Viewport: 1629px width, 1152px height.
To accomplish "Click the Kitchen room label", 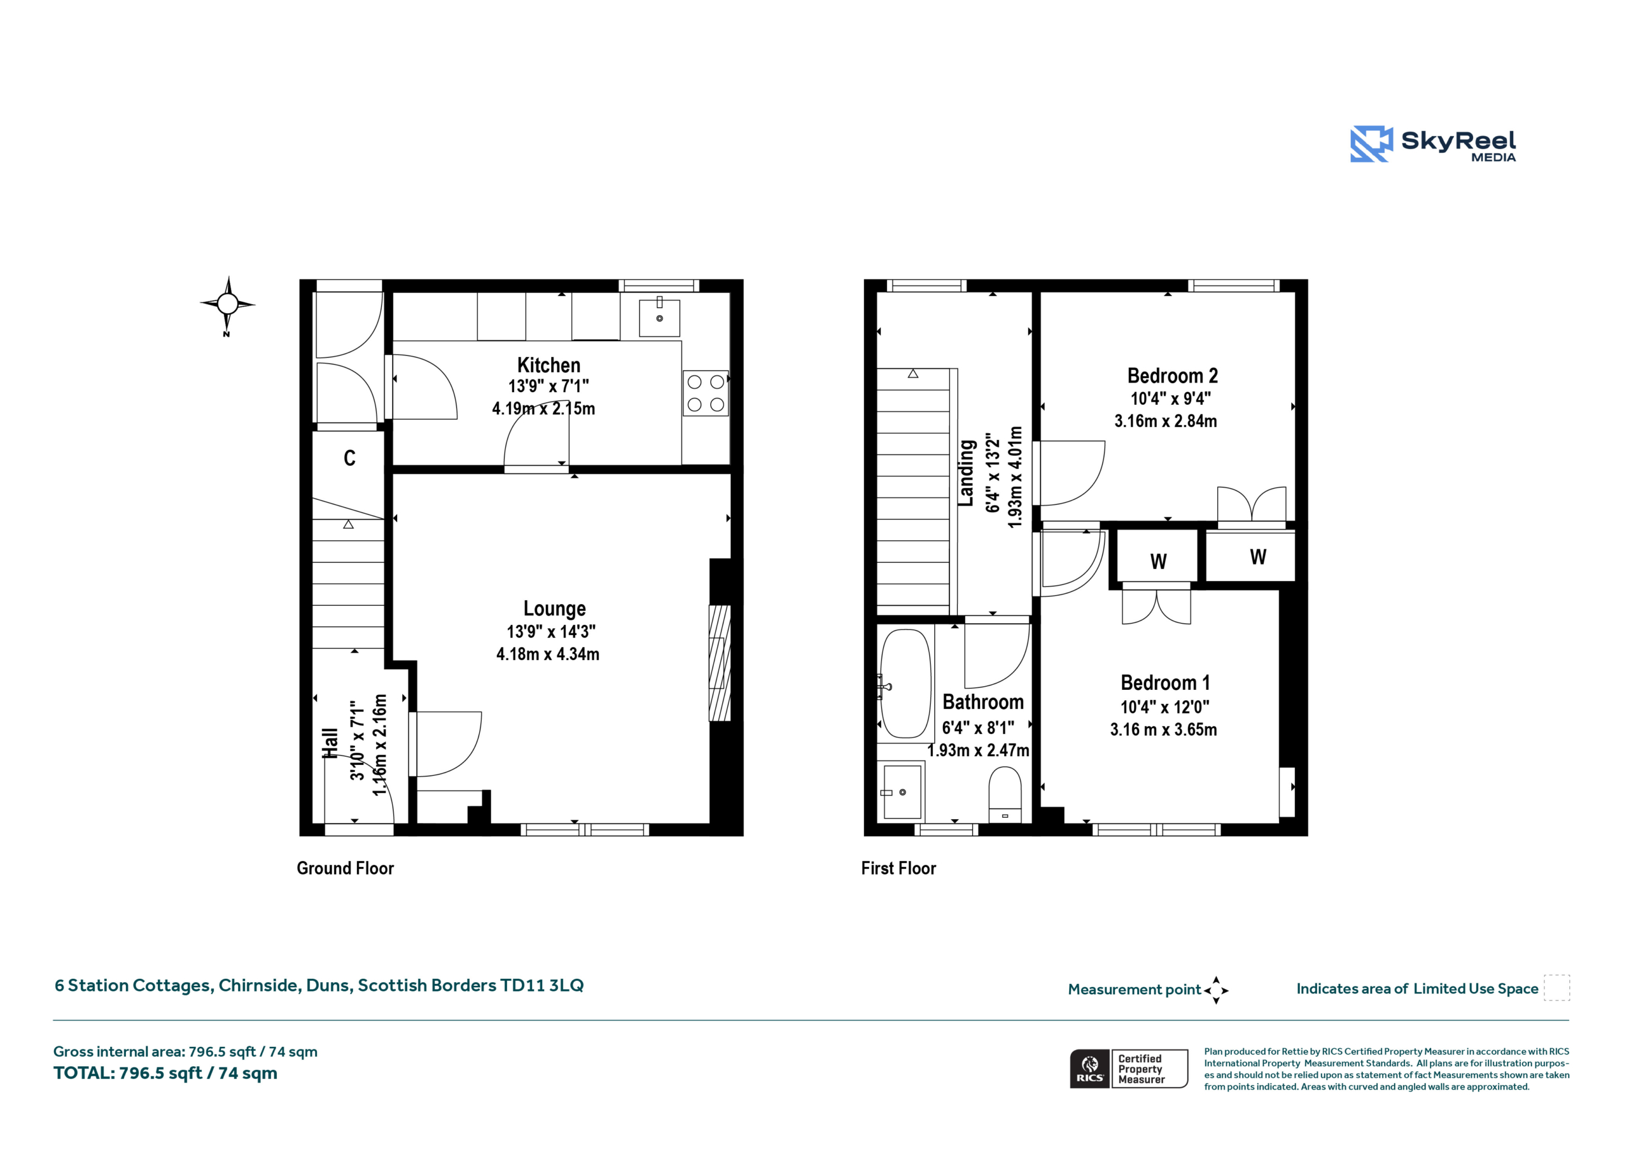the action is tap(549, 365).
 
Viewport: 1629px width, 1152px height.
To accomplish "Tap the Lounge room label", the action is tap(554, 609).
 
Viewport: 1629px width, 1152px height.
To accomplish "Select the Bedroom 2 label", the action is tap(1172, 376).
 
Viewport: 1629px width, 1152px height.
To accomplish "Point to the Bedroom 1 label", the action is tap(1165, 683).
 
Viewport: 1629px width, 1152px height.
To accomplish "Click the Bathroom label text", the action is tap(982, 702).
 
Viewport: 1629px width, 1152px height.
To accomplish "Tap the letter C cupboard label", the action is tap(350, 458).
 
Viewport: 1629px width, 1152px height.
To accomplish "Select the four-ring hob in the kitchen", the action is tap(705, 393).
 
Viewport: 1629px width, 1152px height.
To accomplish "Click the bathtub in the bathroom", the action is tap(905, 684).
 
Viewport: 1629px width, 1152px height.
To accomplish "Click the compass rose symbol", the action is tap(228, 304).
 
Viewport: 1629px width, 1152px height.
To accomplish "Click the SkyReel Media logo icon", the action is tap(1371, 144).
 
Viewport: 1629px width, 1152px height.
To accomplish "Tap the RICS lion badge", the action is tap(1089, 1068).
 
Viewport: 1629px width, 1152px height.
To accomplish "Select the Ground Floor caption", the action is tap(345, 868).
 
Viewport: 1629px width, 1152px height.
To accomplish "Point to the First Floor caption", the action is tap(898, 868).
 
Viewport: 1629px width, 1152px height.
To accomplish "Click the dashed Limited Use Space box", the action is tap(1556, 988).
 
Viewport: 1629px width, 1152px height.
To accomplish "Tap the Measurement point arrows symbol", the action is tap(1216, 990).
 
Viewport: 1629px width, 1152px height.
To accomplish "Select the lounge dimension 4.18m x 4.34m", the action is tap(547, 654).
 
